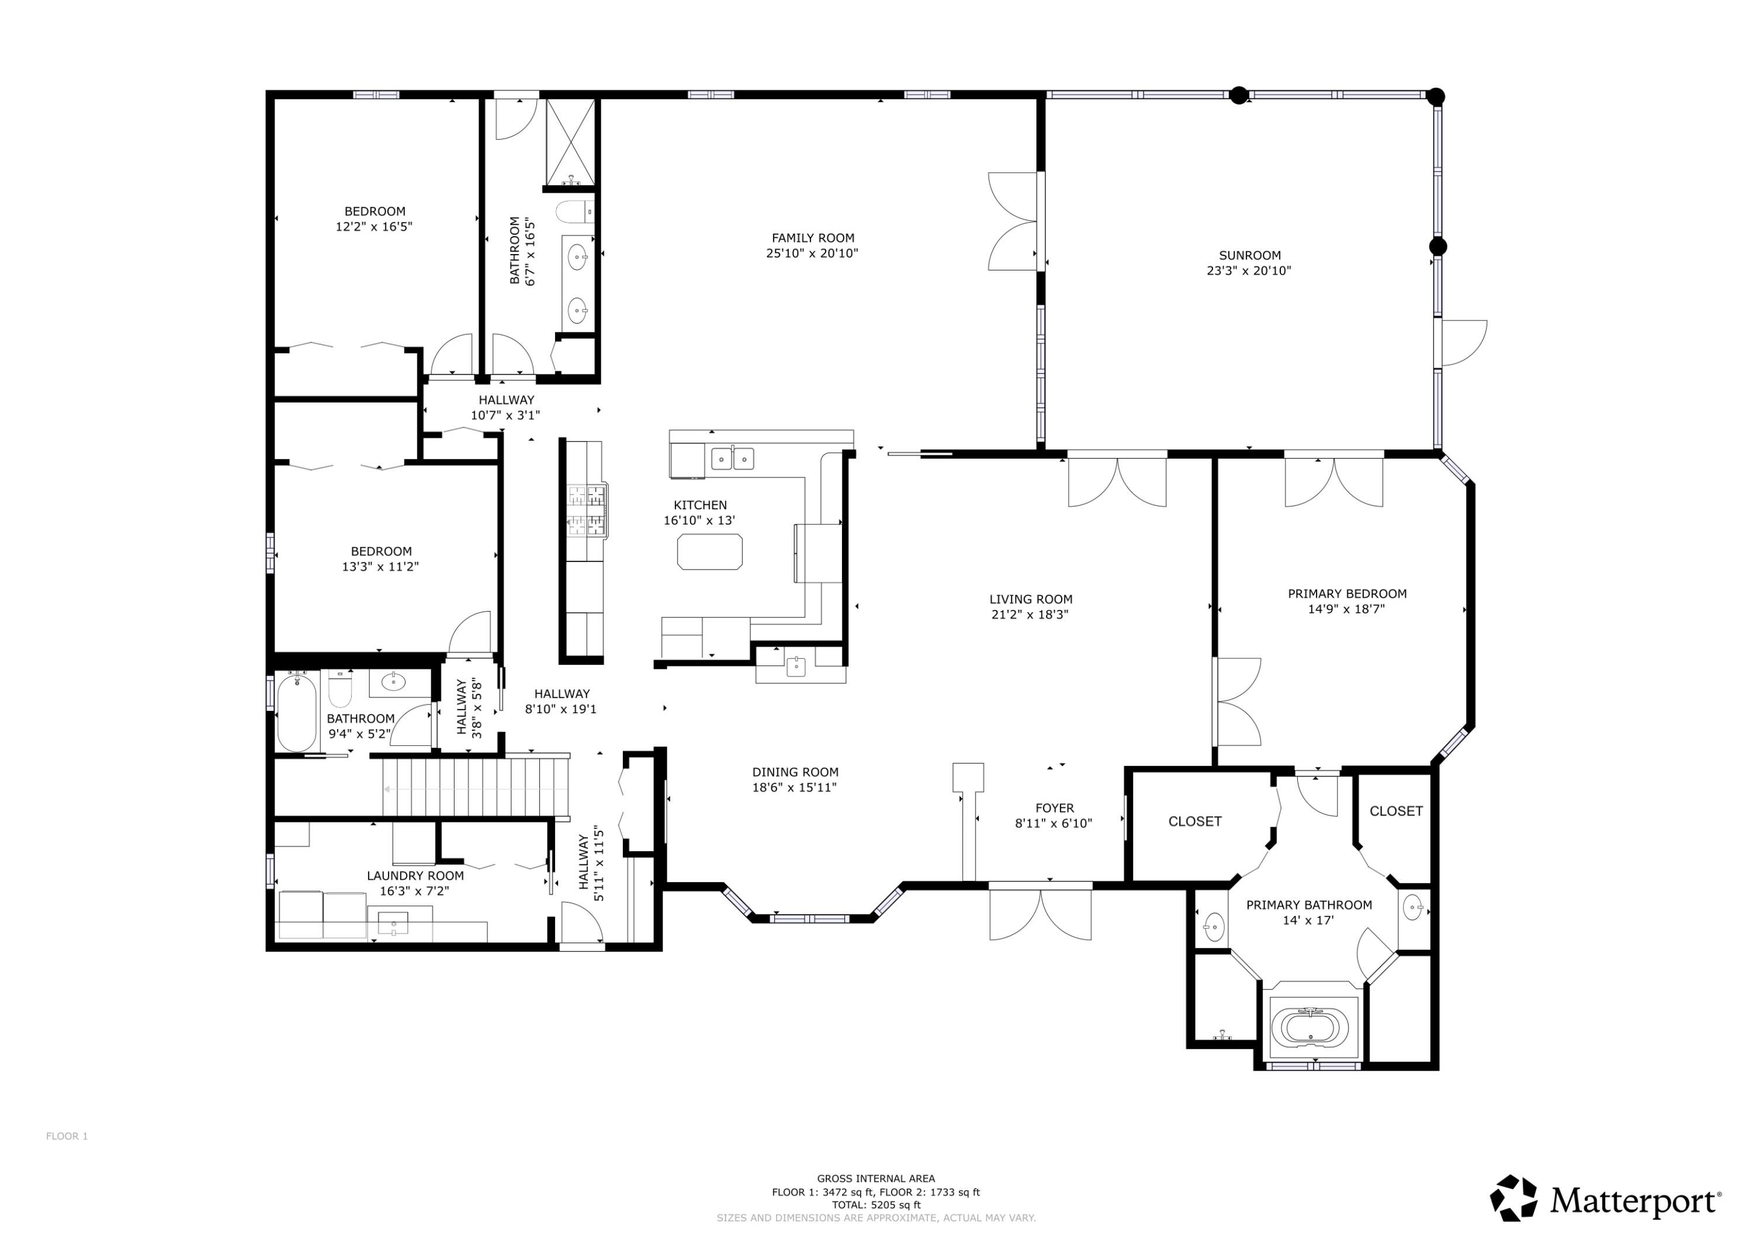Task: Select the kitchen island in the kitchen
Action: tap(709, 551)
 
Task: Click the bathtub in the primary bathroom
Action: tap(1310, 1027)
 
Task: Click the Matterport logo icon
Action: tap(1513, 1199)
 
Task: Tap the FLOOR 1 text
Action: tap(67, 1136)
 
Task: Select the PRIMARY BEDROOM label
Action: tap(1347, 594)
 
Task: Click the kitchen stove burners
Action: tap(586, 510)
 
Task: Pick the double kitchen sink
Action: tap(732, 459)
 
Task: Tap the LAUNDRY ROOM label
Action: tap(415, 876)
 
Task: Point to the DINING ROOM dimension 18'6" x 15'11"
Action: tap(794, 787)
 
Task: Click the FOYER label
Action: tap(1054, 808)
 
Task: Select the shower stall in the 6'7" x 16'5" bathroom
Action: tap(570, 142)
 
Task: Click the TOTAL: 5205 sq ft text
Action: tap(876, 1205)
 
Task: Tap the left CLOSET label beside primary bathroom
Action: tap(1195, 821)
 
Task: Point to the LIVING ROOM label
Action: tap(1031, 599)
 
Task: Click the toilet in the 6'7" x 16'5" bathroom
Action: tap(573, 211)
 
